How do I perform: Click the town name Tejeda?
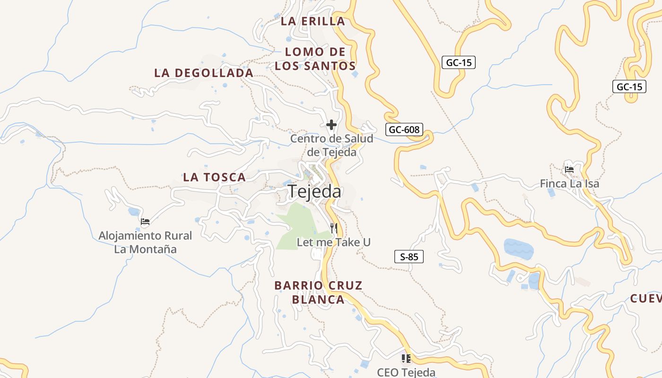pos(314,191)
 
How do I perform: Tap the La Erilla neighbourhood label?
pos(313,21)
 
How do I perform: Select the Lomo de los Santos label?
pos(315,59)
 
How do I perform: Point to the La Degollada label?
pos(204,73)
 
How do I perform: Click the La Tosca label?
pos(215,178)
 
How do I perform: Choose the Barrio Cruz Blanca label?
pos(318,292)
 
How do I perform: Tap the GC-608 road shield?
pos(404,129)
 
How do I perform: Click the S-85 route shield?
pos(409,257)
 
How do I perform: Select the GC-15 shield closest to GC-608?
pos(458,62)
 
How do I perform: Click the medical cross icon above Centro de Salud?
pos(331,125)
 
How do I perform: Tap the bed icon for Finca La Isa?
pos(569,169)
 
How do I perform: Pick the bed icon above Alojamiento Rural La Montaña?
pos(145,221)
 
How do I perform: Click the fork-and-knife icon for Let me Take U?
pos(334,228)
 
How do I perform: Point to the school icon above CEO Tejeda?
pos(406,359)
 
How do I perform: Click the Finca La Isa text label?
pos(569,184)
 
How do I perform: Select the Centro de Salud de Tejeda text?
pos(331,145)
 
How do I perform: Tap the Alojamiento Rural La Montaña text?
pos(145,242)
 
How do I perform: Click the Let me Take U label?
pos(333,242)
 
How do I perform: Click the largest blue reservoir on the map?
pos(518,248)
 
